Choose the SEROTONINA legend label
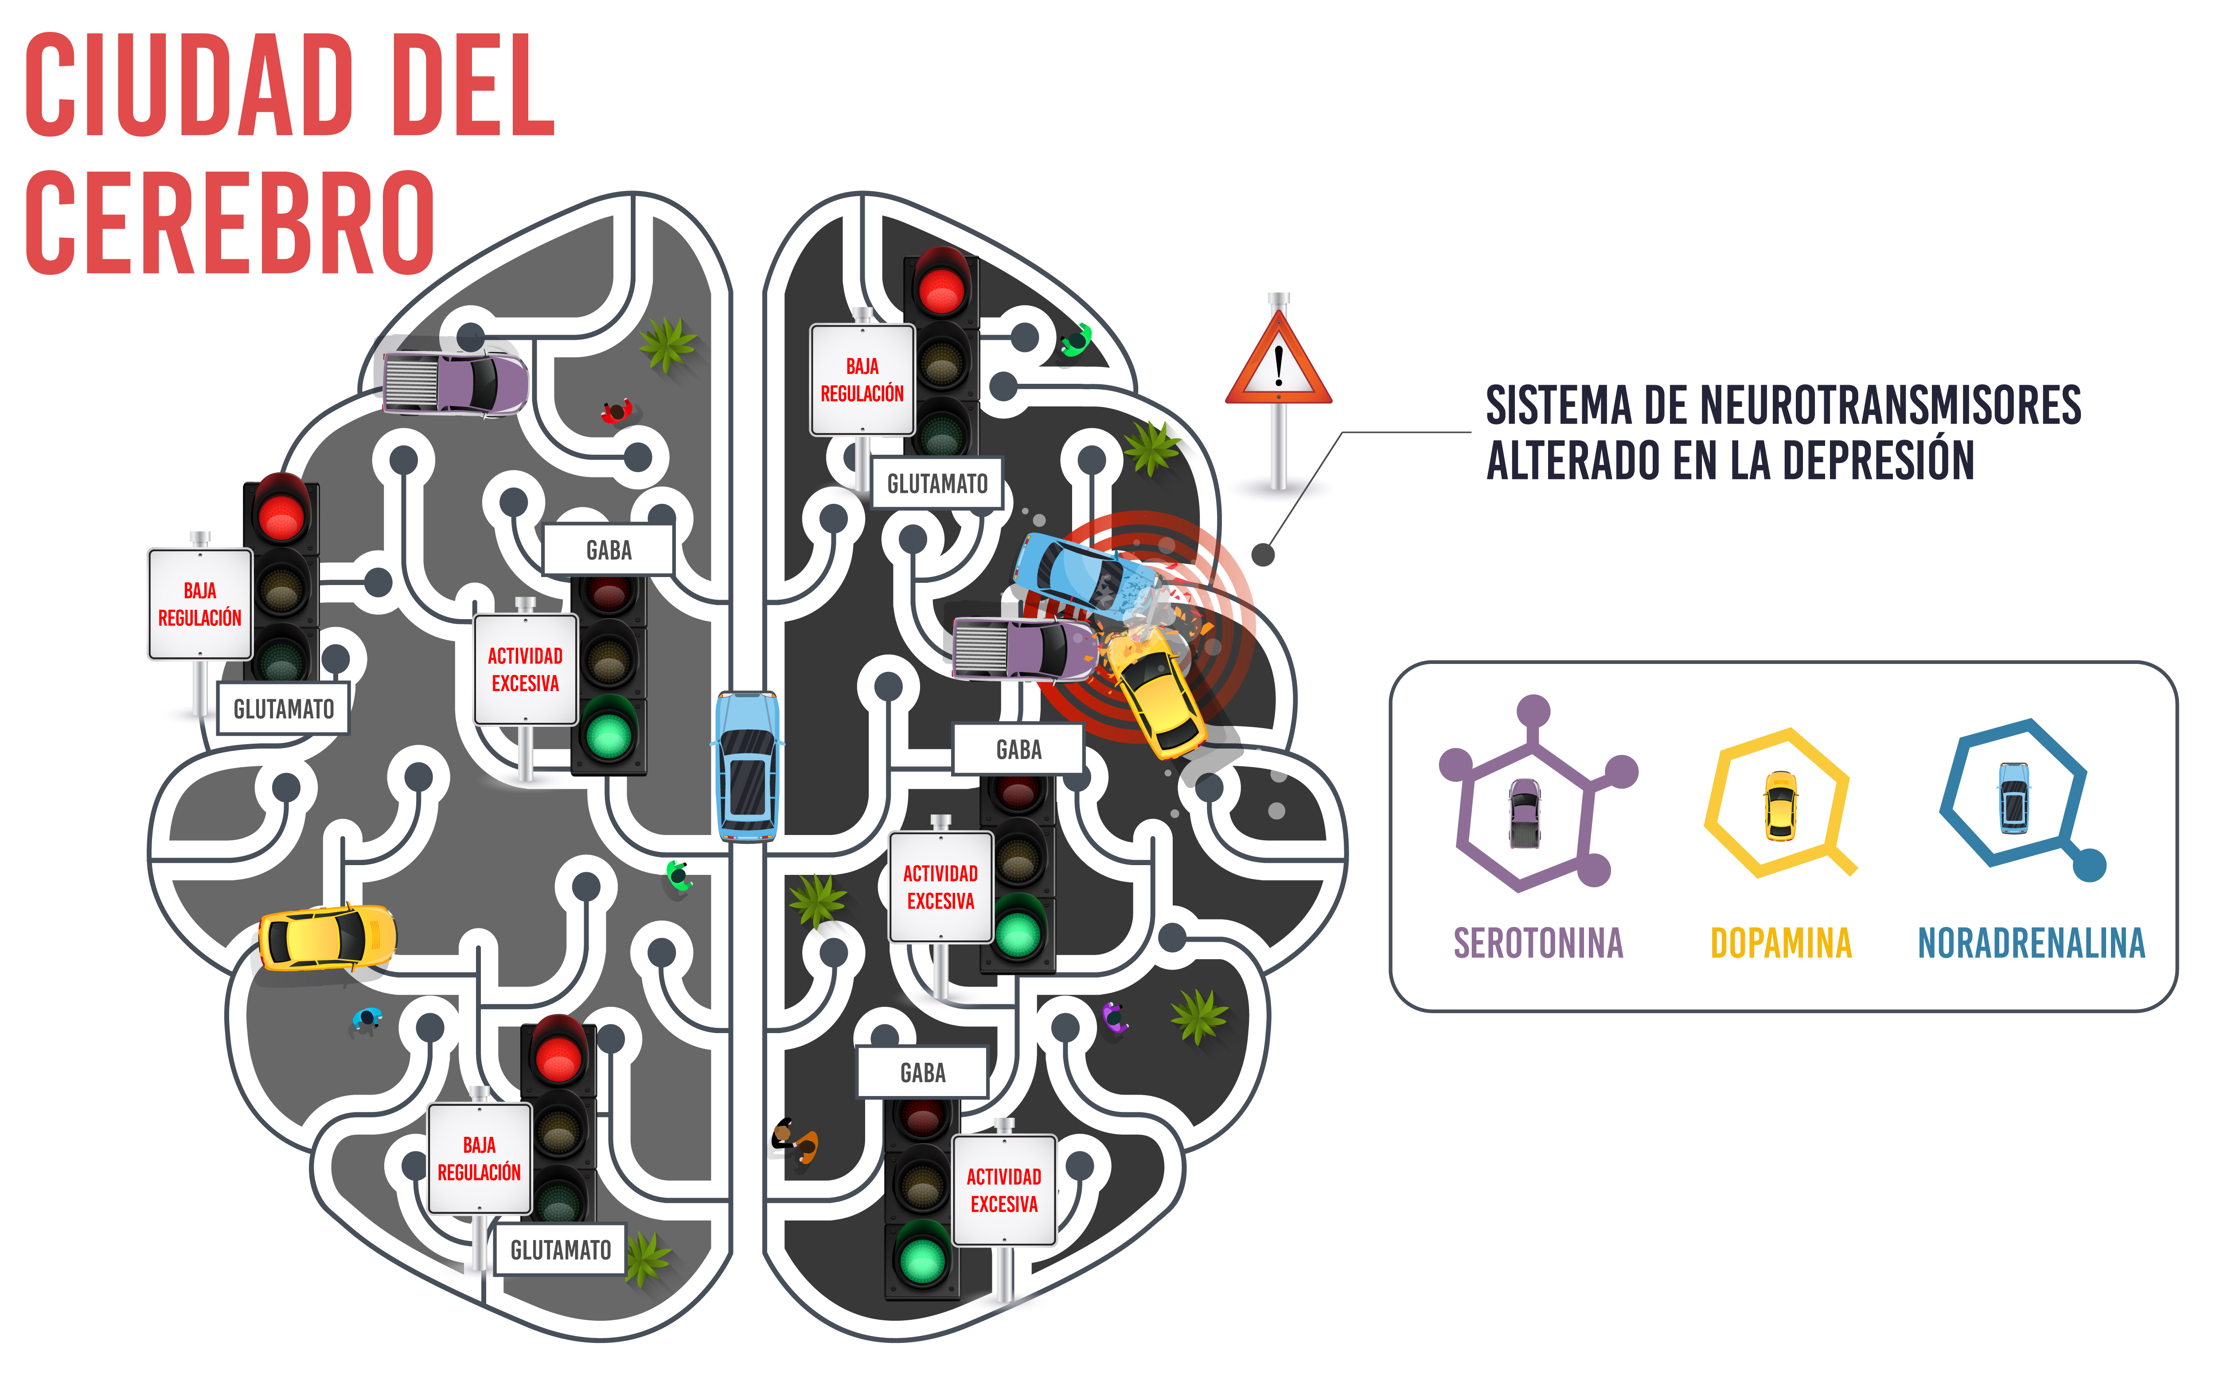(1538, 944)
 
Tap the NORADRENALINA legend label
(2031, 944)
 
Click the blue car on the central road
(747, 766)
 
